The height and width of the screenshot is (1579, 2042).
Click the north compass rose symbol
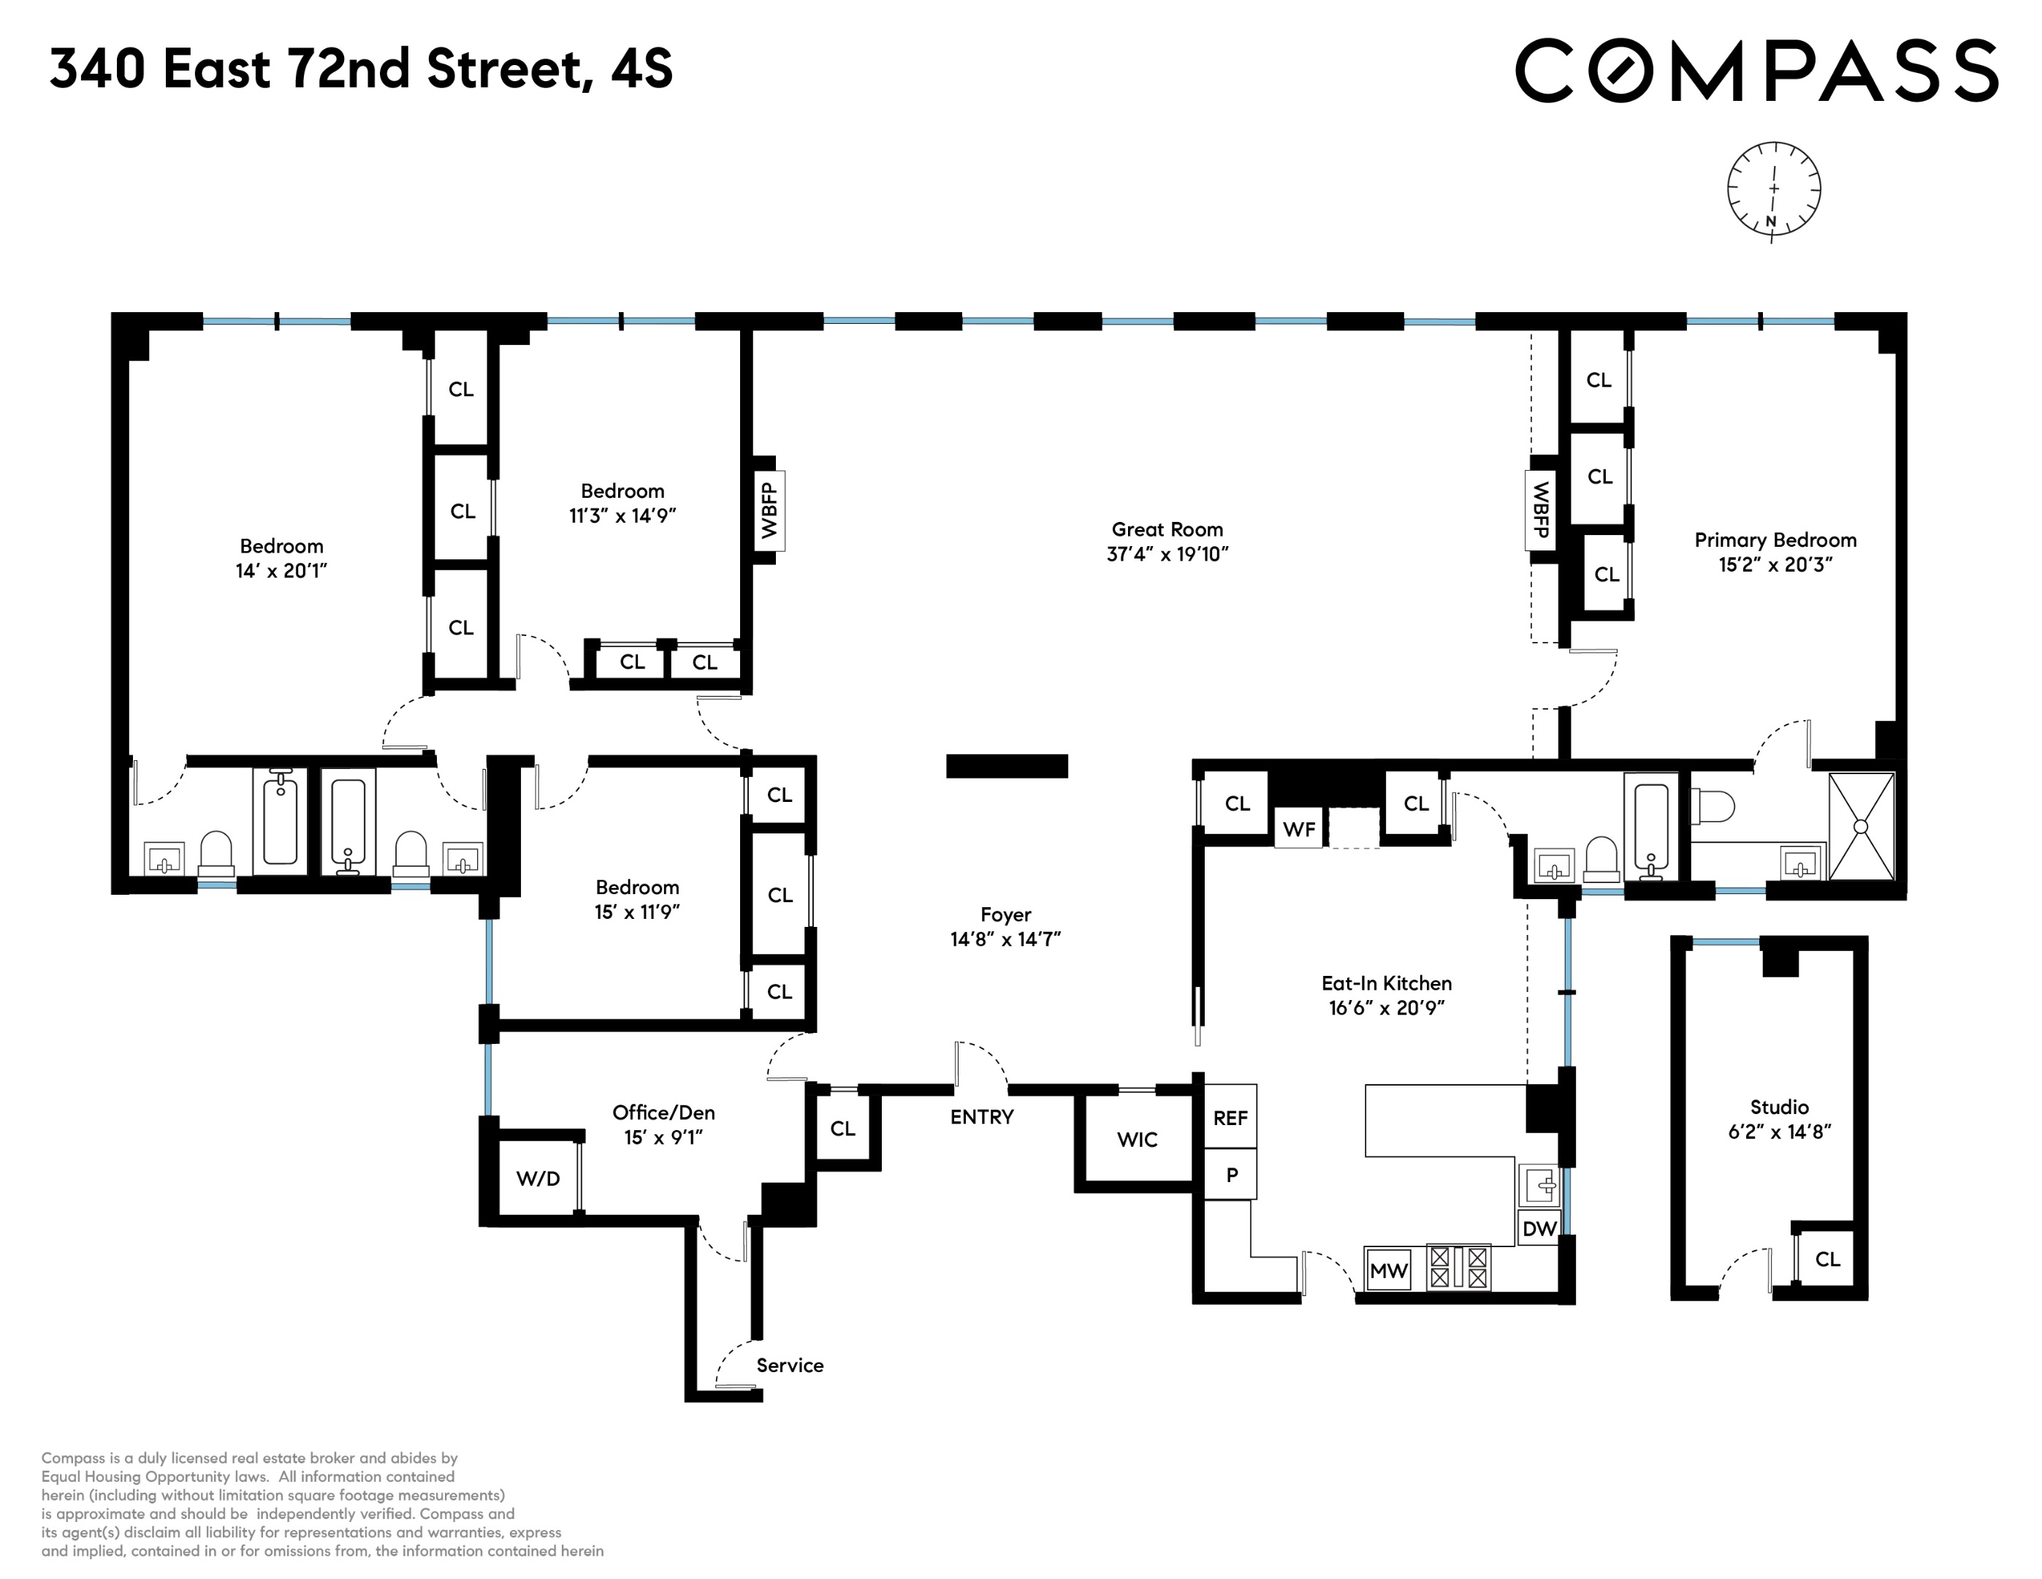click(x=1772, y=189)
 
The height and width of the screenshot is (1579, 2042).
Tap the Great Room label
click(x=1167, y=529)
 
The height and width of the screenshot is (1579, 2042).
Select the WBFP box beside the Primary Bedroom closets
click(x=1540, y=509)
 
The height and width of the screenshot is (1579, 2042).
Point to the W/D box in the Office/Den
click(x=538, y=1178)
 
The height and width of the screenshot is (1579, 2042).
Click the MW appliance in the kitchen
click(x=1387, y=1271)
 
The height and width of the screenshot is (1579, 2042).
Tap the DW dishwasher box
click(x=1539, y=1229)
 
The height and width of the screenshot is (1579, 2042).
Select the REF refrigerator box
click(x=1230, y=1118)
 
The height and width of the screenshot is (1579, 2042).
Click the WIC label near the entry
click(x=1137, y=1140)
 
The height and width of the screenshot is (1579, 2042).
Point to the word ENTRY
click(x=982, y=1117)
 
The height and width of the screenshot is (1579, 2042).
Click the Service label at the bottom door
click(x=789, y=1366)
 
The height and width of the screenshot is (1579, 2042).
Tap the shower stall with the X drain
click(x=1861, y=827)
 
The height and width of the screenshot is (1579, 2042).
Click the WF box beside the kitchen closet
click(x=1299, y=830)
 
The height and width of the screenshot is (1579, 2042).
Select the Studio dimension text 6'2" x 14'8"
click(x=1778, y=1132)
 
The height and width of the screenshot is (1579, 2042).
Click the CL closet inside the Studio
click(x=1827, y=1259)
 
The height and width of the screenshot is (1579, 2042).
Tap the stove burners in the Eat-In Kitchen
click(x=1458, y=1268)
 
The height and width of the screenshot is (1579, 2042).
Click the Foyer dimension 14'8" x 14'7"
click(x=1005, y=939)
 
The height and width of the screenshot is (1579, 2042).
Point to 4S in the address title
click(x=641, y=69)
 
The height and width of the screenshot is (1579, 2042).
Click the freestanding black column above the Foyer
click(x=1006, y=766)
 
